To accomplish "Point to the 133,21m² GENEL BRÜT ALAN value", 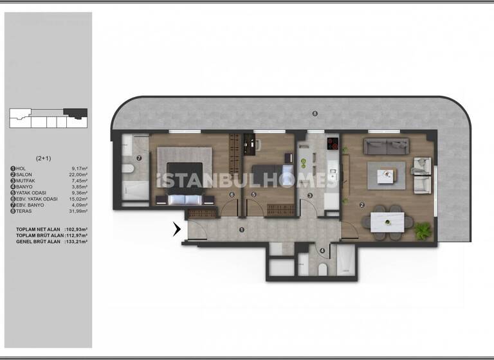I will click(75, 242).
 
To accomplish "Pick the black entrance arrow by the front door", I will click(177, 228).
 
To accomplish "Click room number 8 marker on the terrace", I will click(315, 114).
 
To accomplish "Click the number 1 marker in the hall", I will click(241, 230).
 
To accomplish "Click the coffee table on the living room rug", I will click(387, 174).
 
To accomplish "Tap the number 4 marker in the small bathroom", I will click(322, 251).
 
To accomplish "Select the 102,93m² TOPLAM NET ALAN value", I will click(75, 230).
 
